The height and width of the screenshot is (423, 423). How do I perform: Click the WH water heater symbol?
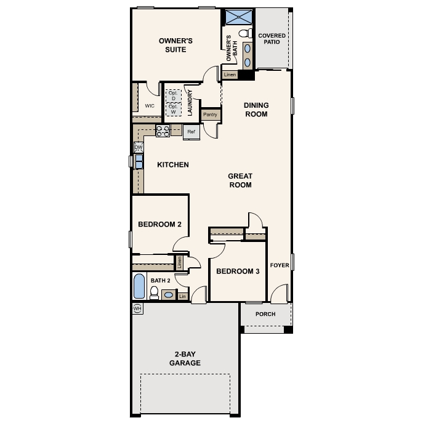(x=137, y=308)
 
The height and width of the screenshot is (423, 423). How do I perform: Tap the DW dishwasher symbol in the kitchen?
(x=139, y=148)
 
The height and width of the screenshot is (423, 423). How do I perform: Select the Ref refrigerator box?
(x=191, y=132)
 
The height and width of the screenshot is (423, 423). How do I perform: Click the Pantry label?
(x=210, y=115)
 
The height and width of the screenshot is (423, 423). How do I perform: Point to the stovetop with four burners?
(x=163, y=131)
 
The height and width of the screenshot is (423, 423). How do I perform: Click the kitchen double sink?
(x=139, y=161)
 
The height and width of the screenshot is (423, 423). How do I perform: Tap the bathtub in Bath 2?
(x=139, y=286)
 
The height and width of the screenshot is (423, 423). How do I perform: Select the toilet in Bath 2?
(x=154, y=293)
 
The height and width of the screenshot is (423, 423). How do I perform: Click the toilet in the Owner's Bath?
(x=245, y=33)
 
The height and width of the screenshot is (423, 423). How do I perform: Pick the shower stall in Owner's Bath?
(x=239, y=17)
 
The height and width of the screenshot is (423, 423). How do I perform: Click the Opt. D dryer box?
(x=173, y=96)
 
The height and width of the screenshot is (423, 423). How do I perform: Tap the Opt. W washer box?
(x=173, y=109)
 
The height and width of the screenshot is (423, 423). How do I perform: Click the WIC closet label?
(x=150, y=106)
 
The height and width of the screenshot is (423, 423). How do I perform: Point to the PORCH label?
(x=265, y=314)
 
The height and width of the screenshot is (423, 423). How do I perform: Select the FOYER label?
(x=280, y=265)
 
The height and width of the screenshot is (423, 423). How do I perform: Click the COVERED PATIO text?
(x=272, y=39)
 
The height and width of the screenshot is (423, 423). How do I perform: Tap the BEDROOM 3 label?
(x=238, y=271)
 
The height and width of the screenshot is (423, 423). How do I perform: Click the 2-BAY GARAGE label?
(x=185, y=358)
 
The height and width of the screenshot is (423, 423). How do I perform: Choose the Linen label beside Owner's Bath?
(x=230, y=75)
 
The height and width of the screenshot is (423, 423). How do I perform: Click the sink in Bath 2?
(x=169, y=295)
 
